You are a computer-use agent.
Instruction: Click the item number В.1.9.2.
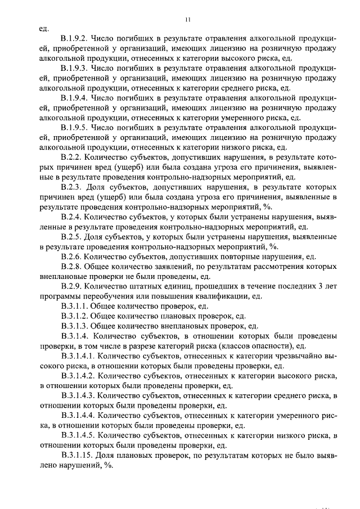click(x=75, y=39)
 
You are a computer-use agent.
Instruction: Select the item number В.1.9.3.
click(x=75, y=68)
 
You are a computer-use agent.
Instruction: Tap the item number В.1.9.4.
click(x=75, y=97)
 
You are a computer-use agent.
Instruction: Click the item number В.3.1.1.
click(x=75, y=306)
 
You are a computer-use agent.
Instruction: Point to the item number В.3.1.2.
click(x=75, y=316)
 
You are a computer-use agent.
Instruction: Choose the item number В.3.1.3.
click(x=75, y=326)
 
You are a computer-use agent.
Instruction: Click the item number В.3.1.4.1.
click(x=79, y=355)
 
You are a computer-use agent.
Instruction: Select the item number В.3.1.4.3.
click(x=79, y=395)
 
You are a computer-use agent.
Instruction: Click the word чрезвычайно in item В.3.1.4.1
click(x=297, y=355)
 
